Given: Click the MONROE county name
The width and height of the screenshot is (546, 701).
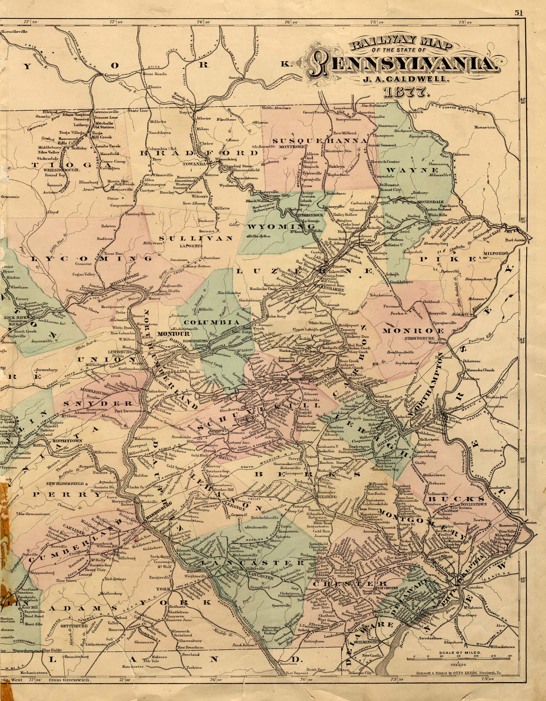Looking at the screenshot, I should click(x=413, y=331).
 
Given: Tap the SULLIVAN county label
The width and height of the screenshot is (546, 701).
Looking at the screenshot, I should click(x=200, y=238).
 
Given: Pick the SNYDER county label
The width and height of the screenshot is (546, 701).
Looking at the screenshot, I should click(x=98, y=404).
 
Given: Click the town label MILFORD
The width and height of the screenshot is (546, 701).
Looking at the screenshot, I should click(x=495, y=253).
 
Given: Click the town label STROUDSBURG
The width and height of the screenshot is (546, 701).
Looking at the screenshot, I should click(x=419, y=338).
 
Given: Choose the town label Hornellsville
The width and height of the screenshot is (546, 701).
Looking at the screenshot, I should click(x=14, y=31).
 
